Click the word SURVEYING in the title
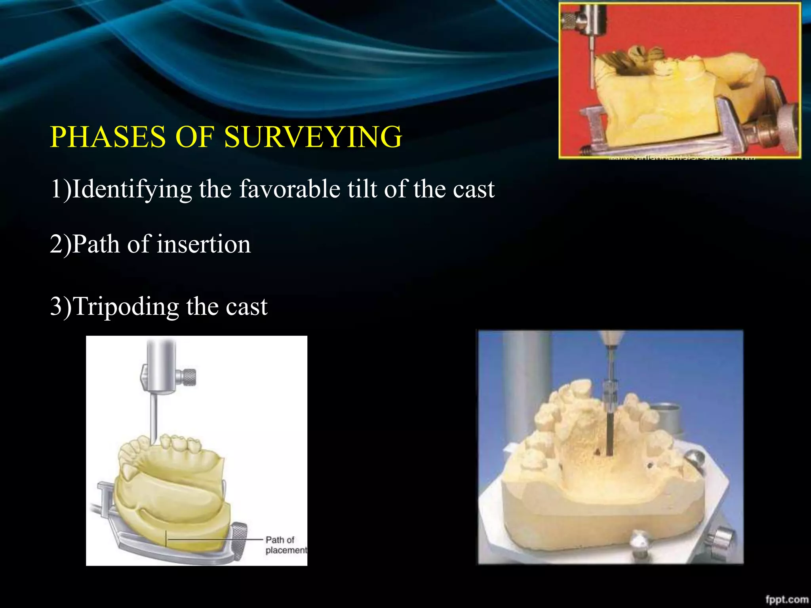pyautogui.click(x=313, y=137)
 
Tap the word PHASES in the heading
pyautogui.click(x=108, y=137)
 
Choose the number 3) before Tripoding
pyautogui.click(x=61, y=306)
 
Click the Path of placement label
pyautogui.click(x=286, y=545)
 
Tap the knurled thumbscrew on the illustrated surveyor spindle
pyautogui.click(x=189, y=376)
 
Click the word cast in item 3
pyautogui.click(x=246, y=306)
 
